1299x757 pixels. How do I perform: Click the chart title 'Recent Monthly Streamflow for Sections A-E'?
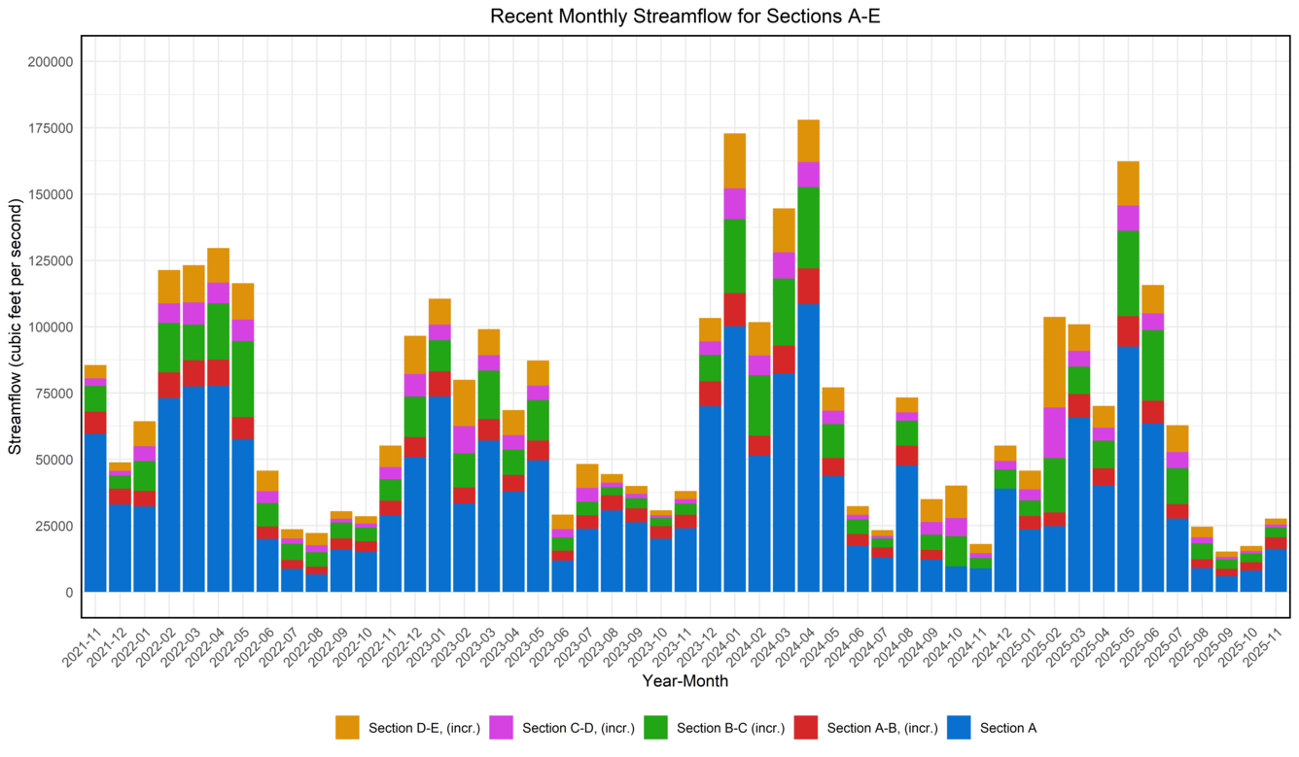[x=685, y=17]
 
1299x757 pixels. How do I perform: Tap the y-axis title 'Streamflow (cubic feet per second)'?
[x=16, y=326]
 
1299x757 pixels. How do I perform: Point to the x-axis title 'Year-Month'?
[x=685, y=681]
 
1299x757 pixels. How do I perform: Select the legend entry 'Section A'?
[x=1008, y=728]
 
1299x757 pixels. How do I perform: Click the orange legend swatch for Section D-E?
[x=347, y=728]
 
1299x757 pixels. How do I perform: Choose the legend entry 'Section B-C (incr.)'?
[x=730, y=728]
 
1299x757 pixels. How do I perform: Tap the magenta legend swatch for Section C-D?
[x=501, y=728]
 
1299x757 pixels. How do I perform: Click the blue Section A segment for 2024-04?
[x=808, y=447]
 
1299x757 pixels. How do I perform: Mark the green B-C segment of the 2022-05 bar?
[x=243, y=379]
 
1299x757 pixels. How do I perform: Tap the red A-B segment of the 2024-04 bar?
[x=808, y=286]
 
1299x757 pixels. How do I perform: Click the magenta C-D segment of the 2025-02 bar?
[x=1054, y=432]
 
